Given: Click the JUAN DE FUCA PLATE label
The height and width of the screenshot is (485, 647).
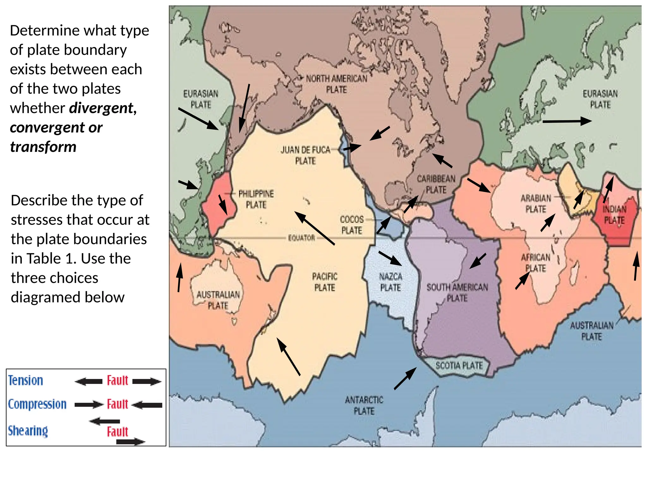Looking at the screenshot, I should (x=305, y=155).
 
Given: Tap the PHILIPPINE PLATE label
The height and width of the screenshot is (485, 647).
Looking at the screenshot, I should (x=256, y=199).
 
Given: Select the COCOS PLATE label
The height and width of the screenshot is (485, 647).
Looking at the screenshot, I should (x=352, y=225).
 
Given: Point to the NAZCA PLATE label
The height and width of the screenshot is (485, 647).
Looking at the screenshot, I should (x=390, y=282).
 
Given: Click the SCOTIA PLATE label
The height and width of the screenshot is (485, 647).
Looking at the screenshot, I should (x=459, y=366).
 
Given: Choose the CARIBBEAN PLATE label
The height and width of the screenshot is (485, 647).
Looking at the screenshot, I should (x=436, y=184).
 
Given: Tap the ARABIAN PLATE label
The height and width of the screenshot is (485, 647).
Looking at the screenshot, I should (x=536, y=204).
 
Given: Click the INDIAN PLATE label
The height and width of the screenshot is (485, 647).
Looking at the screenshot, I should (x=614, y=214).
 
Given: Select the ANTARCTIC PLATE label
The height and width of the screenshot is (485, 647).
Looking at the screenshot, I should (x=364, y=405).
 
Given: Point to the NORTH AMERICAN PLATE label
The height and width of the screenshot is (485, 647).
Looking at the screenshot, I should (x=336, y=84).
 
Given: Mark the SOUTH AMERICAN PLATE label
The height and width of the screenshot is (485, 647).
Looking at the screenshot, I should (x=457, y=292).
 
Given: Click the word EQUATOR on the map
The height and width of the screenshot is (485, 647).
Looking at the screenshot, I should (x=301, y=238).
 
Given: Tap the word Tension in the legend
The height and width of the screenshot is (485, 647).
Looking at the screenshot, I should (x=26, y=380).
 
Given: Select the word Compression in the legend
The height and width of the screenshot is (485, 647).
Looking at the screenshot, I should (x=37, y=404).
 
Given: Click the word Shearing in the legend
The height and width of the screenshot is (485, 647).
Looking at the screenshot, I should (x=28, y=431).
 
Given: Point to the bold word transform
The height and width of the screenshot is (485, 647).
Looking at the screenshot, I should (x=43, y=147).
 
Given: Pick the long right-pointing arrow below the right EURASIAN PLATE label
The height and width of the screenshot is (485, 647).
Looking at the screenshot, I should (x=567, y=121).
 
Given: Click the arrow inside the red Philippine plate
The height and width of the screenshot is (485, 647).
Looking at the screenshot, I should (x=223, y=205).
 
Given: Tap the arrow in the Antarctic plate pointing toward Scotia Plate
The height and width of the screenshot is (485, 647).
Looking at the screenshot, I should (x=405, y=378).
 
